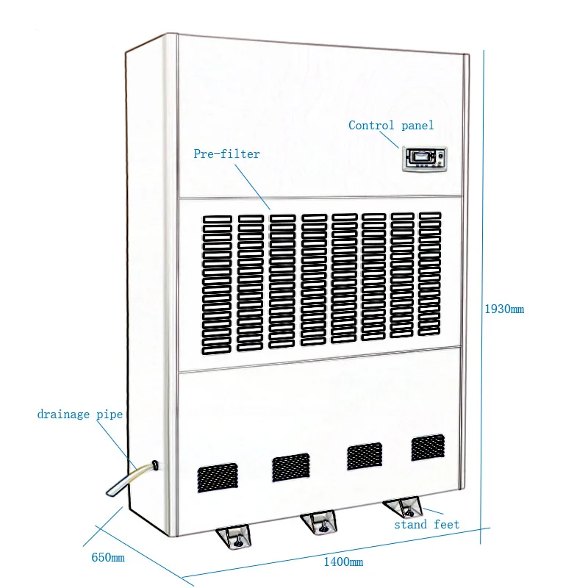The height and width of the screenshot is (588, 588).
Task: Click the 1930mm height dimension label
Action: point(503,309)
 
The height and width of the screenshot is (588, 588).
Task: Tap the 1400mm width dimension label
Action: point(343,562)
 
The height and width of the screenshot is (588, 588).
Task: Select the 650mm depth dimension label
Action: point(108,558)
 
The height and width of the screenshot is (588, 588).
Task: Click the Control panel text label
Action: point(391,126)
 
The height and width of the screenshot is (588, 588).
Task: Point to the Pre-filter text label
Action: point(226,154)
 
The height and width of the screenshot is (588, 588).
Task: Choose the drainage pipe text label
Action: point(79,415)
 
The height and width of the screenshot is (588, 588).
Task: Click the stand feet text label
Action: point(426,524)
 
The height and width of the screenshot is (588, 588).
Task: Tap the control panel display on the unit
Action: point(424,159)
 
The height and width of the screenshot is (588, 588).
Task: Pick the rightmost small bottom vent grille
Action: point(428,448)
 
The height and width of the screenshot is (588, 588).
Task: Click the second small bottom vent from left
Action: point(290,467)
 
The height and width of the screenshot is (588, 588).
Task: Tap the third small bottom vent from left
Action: point(365,456)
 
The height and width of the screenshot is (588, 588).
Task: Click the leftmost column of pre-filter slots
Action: point(217,282)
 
